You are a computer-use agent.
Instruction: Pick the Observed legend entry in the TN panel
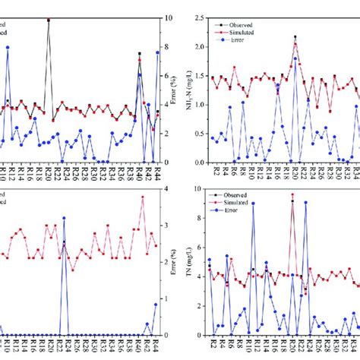pos(245,194)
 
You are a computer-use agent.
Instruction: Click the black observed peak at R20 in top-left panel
pos(49,20)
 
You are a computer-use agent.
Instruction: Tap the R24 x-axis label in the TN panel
pos(310,346)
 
